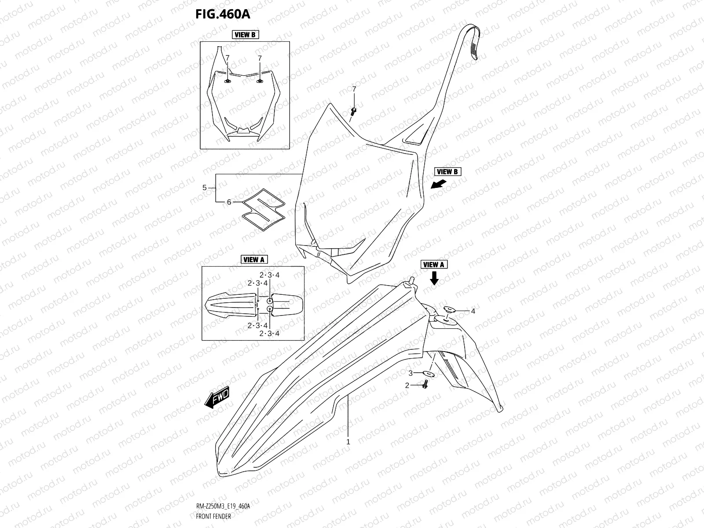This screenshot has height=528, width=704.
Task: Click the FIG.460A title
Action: coord(223,14)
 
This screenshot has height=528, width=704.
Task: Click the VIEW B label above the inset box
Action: coord(245,35)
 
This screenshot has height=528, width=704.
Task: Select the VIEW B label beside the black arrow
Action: coord(448,172)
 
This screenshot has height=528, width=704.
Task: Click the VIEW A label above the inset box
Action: coord(254,260)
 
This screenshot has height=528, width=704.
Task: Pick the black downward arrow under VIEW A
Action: coord(434,278)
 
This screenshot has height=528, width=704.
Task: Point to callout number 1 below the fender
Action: coord(348,442)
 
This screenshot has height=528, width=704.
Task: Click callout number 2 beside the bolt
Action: coord(407,385)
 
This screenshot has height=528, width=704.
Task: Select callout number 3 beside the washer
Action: coord(410,374)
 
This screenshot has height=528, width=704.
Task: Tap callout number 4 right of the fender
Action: coord(473,312)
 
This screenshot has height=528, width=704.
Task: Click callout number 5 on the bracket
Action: coord(204,188)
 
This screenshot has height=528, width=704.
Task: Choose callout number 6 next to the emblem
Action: coord(229,202)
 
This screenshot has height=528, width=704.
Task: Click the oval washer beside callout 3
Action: coord(428,374)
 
